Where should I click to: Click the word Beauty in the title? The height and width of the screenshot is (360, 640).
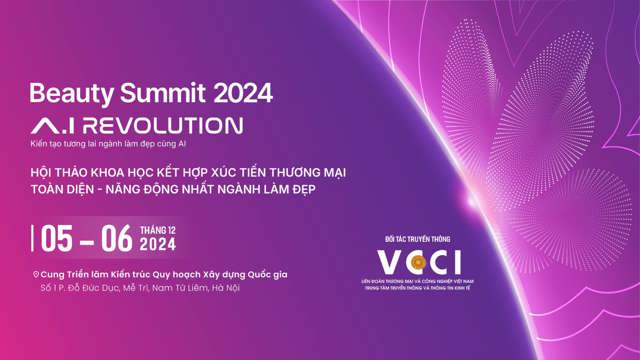(61, 94)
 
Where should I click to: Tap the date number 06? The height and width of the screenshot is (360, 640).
(117, 239)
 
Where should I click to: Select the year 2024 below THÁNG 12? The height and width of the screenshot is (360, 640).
(158, 245)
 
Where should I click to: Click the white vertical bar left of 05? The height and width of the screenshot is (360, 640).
(33, 239)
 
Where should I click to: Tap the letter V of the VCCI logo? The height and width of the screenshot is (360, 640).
(388, 262)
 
